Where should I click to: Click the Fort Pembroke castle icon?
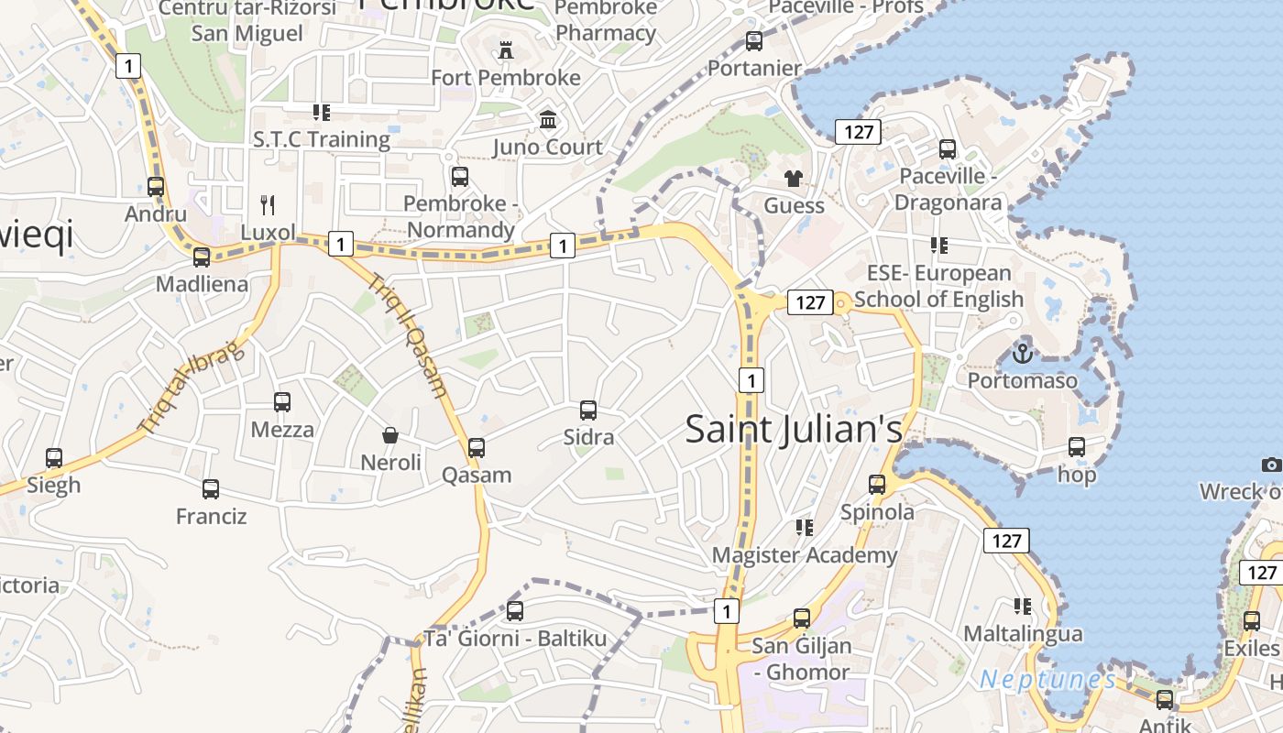pyautogui.click(x=505, y=49)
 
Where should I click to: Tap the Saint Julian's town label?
pyautogui.click(x=794, y=429)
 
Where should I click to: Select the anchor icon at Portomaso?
pyautogui.click(x=1022, y=352)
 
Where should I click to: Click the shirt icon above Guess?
pyautogui.click(x=794, y=178)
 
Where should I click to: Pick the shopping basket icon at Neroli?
pyautogui.click(x=390, y=434)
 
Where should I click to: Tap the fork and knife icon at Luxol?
pyautogui.click(x=268, y=204)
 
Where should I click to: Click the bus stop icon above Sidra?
pyautogui.click(x=588, y=410)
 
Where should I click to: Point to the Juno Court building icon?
pyautogui.click(x=548, y=119)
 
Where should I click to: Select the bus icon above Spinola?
pyautogui.click(x=877, y=484)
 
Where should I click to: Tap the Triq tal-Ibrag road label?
pyautogui.click(x=191, y=387)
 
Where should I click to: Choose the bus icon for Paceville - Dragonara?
pyautogui.click(x=948, y=148)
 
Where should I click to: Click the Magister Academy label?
pyautogui.click(x=805, y=555)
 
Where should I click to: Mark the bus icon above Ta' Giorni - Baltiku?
pyautogui.click(x=515, y=610)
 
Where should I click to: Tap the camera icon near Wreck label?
pyautogui.click(x=1271, y=465)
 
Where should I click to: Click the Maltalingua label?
pyautogui.click(x=1023, y=633)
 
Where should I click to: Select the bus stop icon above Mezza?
pyautogui.click(x=282, y=401)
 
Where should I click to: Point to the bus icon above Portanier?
pyautogui.click(x=754, y=40)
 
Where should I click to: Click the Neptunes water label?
pyautogui.click(x=1047, y=680)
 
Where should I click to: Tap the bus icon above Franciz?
pyautogui.click(x=211, y=488)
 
